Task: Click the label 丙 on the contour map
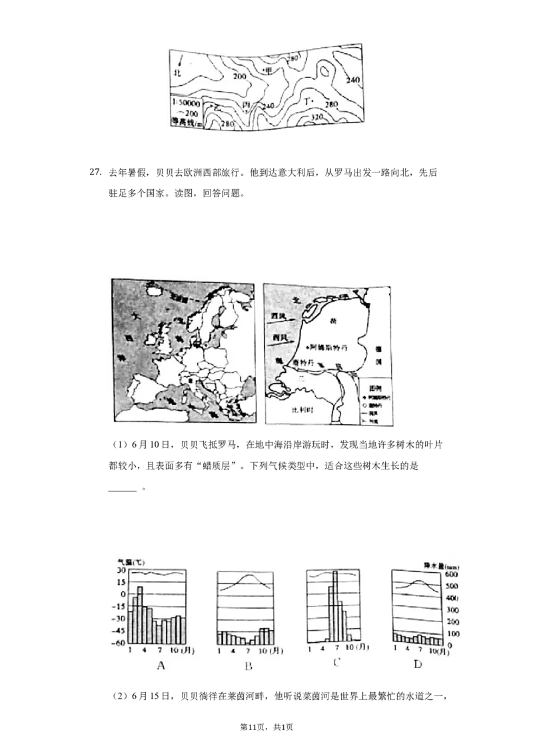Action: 247,107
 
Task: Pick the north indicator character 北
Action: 177,71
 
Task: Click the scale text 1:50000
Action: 185,103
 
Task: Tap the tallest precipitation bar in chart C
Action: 335,606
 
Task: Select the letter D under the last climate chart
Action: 418,665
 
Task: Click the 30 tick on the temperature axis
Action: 122,570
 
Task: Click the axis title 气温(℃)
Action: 131,562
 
